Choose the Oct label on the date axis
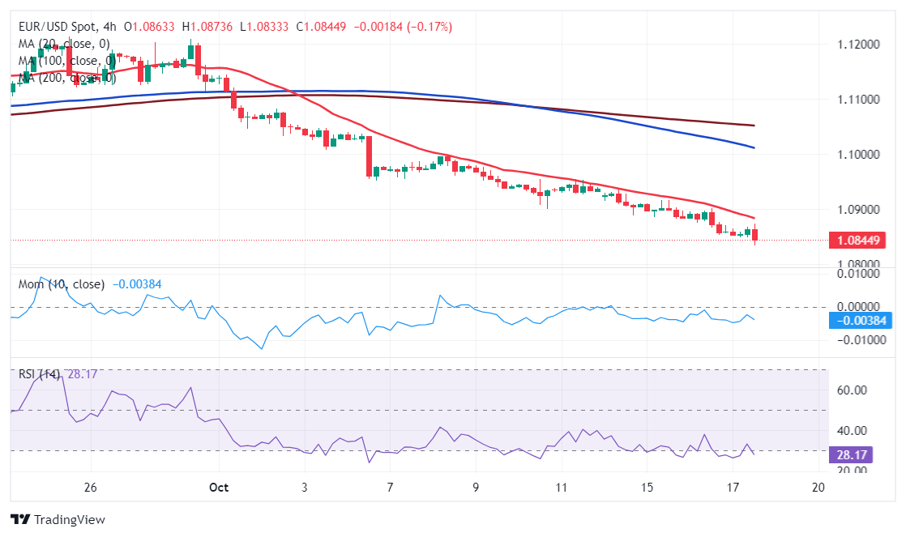pyautogui.click(x=219, y=488)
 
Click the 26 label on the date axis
pyautogui.click(x=91, y=488)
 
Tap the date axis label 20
pyautogui.click(x=818, y=488)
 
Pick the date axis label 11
pyautogui.click(x=561, y=488)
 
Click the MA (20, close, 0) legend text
pyautogui.click(x=64, y=44)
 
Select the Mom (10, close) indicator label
pyautogui.click(x=62, y=284)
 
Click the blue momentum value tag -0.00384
pyautogui.click(x=861, y=320)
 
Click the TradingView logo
pyautogui.click(x=58, y=519)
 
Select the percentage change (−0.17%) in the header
pyautogui.click(x=426, y=27)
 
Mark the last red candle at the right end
pyautogui.click(x=755, y=235)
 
